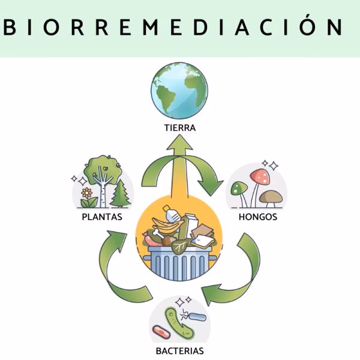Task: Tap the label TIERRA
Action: [179, 128]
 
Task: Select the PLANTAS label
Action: [102, 217]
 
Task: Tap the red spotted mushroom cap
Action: [260, 176]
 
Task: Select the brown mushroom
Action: [272, 196]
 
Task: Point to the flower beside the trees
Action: [88, 194]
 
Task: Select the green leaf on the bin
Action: [180, 245]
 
